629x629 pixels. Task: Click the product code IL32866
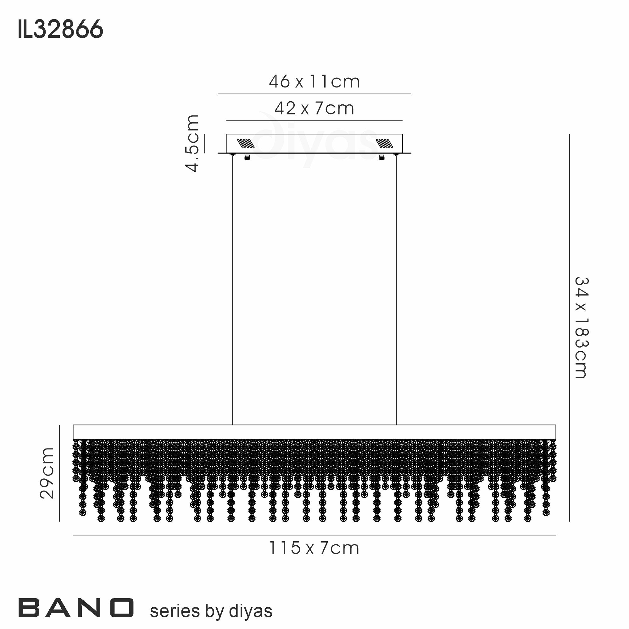[x=61, y=29]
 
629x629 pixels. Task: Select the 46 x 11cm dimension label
[x=314, y=81]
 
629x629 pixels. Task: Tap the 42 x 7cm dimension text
[x=314, y=108]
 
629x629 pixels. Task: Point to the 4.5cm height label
[x=192, y=143]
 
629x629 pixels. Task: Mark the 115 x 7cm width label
[x=314, y=548]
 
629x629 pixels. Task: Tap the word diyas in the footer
[x=251, y=611]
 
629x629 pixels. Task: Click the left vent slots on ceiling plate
[x=246, y=143]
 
